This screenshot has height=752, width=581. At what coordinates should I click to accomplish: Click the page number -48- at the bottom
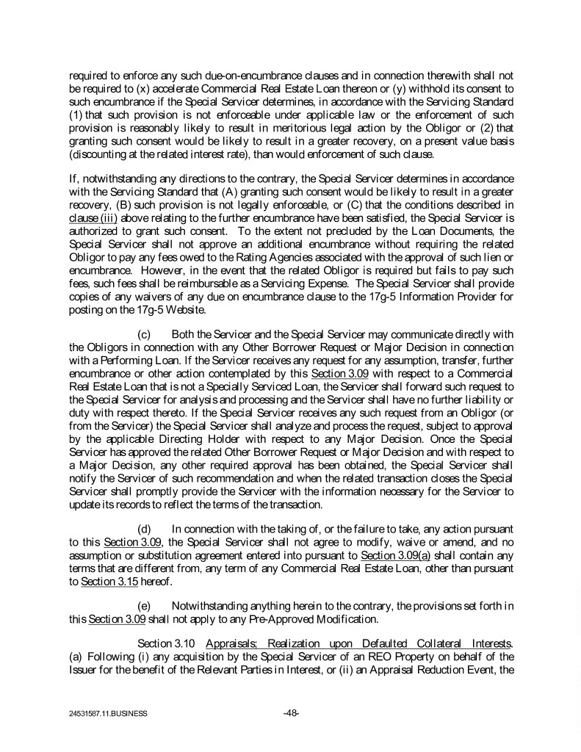pyautogui.click(x=290, y=712)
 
